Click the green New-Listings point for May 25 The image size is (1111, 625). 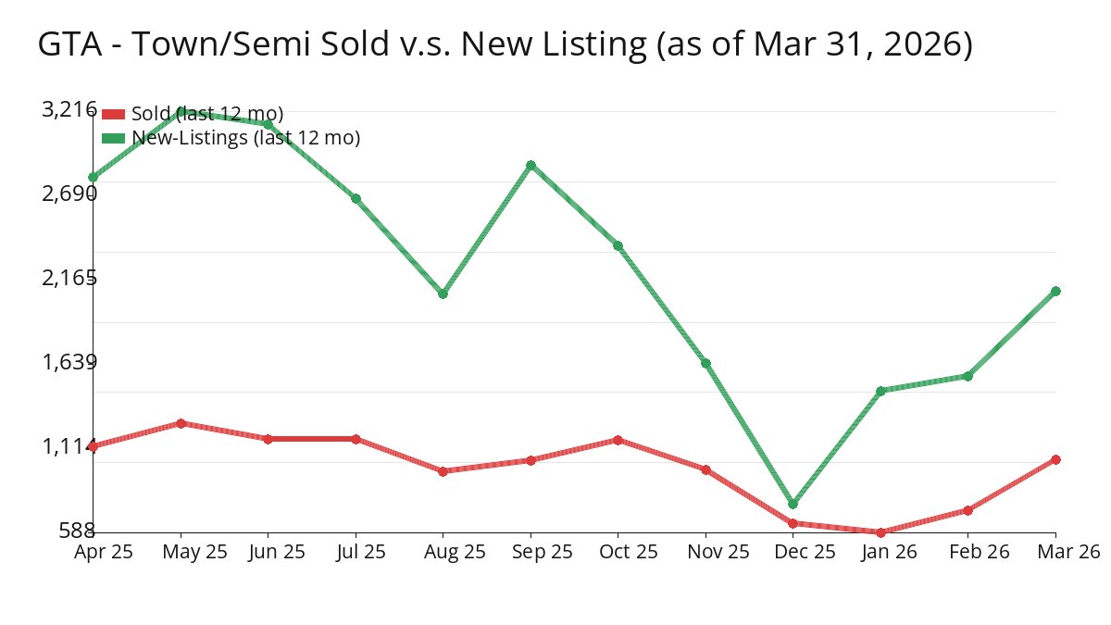[181, 111]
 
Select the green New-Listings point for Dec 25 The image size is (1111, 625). [793, 505]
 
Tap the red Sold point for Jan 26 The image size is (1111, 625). [880, 532]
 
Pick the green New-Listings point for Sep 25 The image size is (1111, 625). [531, 166]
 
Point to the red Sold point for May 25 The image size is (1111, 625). [181, 423]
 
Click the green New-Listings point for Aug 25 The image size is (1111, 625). [443, 294]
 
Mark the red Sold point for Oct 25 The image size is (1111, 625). [618, 440]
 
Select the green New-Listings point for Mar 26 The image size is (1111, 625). [1055, 291]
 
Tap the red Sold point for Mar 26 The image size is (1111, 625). [1055, 459]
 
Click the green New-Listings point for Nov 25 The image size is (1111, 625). [705, 363]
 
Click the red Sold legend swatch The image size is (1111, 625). [113, 114]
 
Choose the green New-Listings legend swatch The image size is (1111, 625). [113, 138]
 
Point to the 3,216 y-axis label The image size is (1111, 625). [69, 110]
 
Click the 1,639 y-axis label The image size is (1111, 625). [69, 362]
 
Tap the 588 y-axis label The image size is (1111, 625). [77, 531]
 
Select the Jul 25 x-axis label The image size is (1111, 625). [356, 552]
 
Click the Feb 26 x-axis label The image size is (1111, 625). [967, 552]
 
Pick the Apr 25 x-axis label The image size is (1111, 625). [104, 552]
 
